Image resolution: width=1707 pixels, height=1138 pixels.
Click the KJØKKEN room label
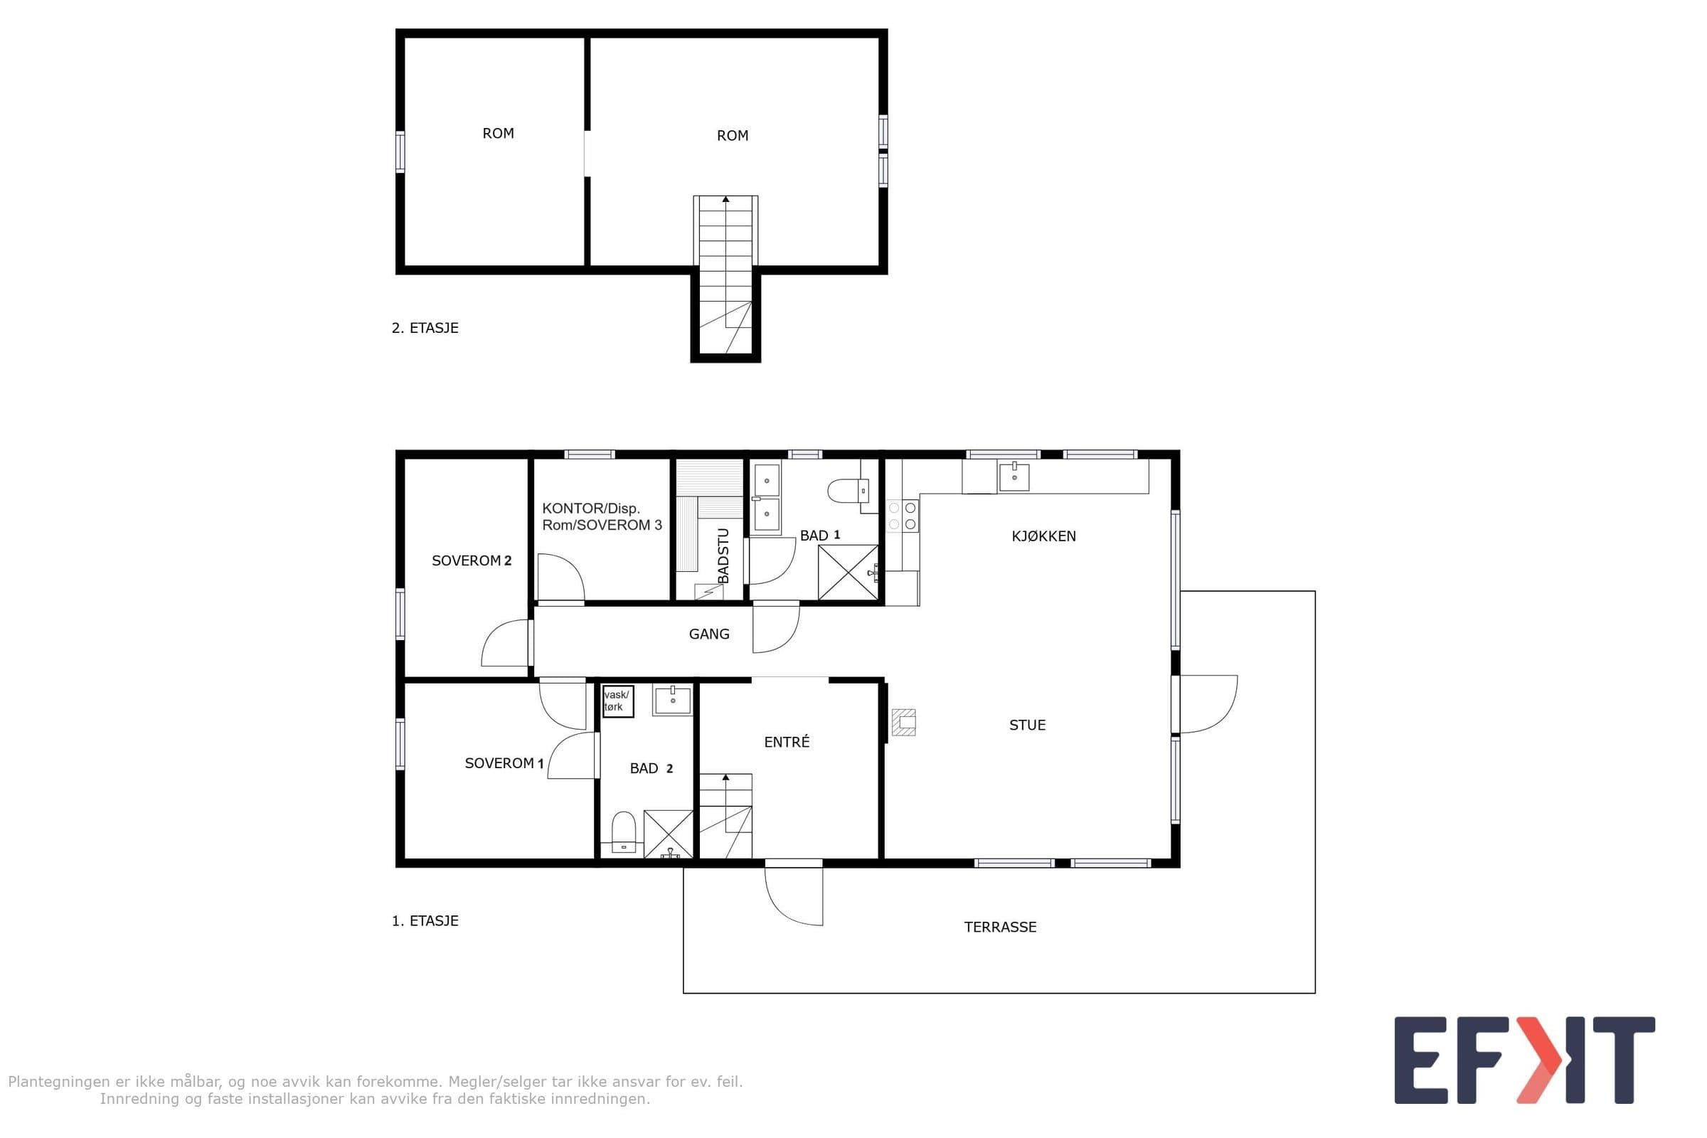[1043, 536]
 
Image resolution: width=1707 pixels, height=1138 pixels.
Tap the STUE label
[1027, 725]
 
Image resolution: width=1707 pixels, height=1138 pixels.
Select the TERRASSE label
[1000, 927]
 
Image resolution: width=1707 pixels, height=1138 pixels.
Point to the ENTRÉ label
[787, 742]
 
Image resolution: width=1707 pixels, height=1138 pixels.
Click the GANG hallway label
[709, 634]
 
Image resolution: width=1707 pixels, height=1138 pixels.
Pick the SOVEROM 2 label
[472, 560]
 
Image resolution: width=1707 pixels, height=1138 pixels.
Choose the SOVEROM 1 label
[504, 762]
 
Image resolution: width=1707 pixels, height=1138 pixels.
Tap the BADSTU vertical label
[723, 556]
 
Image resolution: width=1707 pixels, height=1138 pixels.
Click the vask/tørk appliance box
[617, 701]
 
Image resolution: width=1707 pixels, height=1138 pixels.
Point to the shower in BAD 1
[848, 572]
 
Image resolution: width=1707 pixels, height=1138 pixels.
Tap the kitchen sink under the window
[1014, 477]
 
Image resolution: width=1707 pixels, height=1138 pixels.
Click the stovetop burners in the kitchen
[902, 516]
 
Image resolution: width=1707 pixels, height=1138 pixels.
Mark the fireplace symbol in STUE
[903, 722]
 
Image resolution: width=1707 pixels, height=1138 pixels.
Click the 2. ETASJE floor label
[425, 328]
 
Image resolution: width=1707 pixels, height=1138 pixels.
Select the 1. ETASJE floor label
[425, 921]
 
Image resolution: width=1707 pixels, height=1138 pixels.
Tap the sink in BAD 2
[673, 701]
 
